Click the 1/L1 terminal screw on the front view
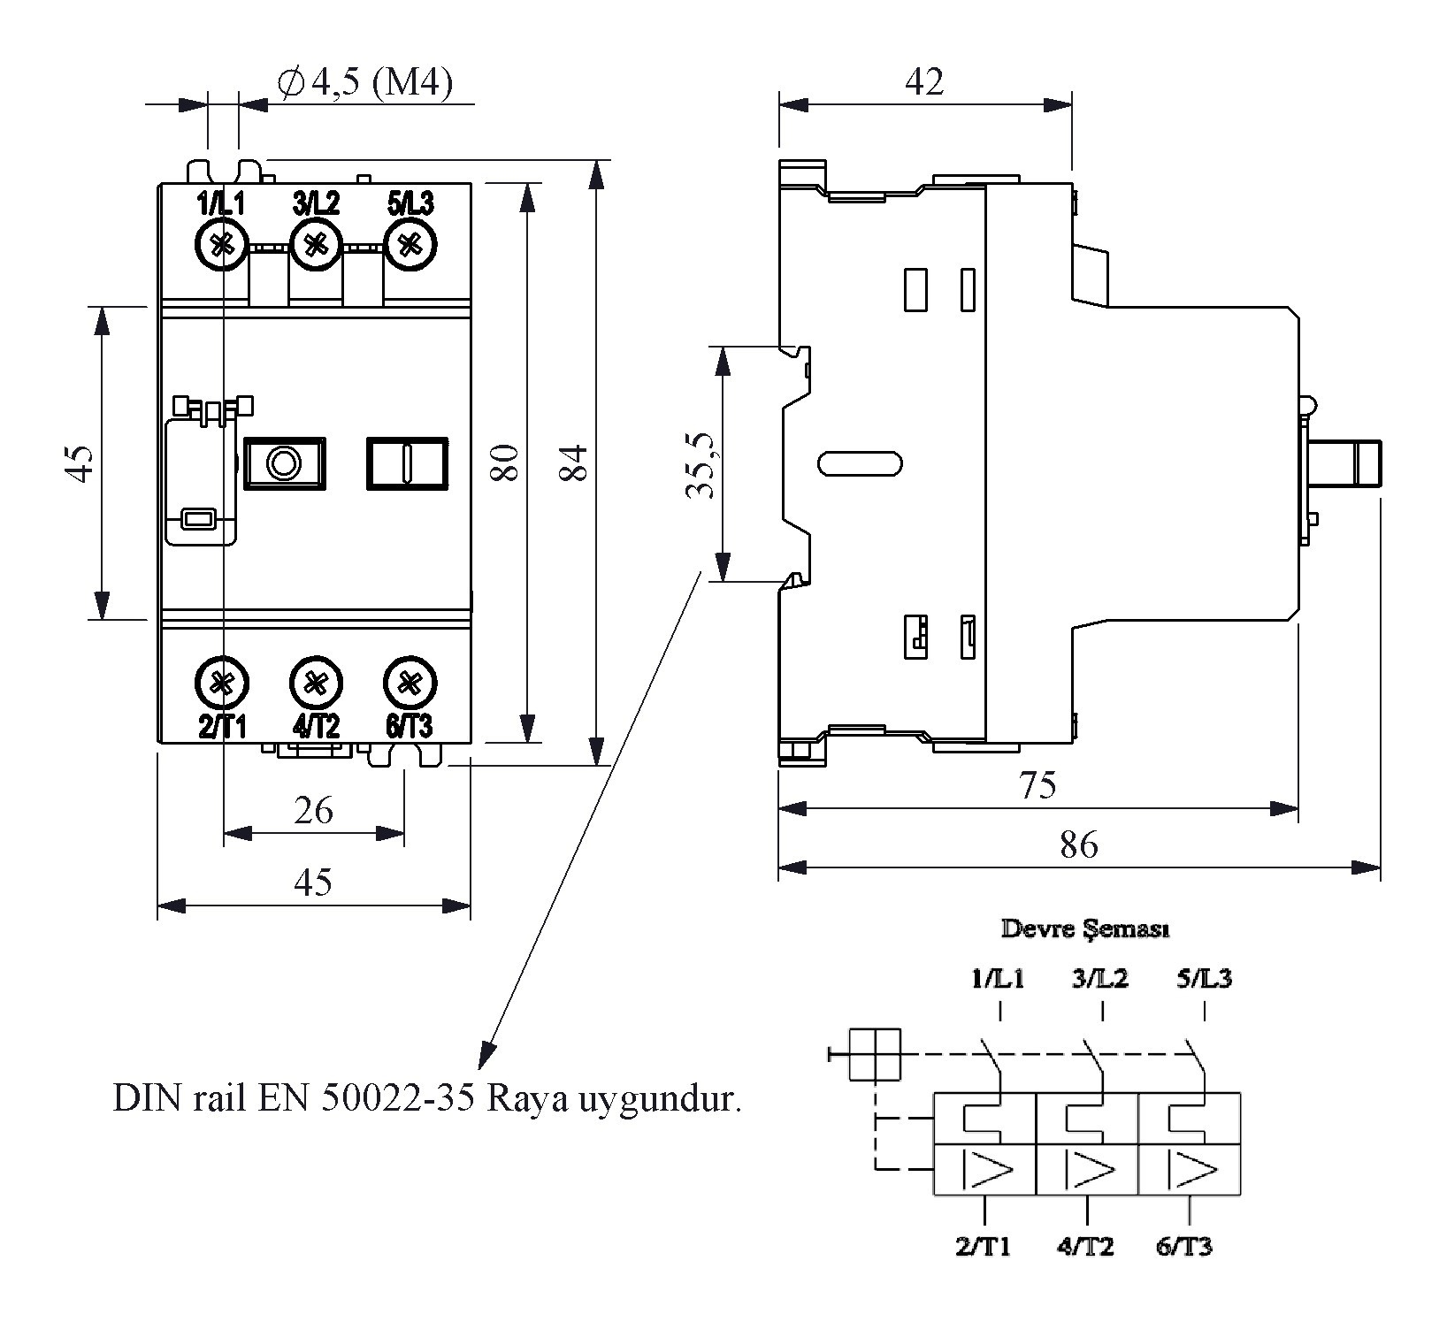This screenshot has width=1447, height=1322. pos(221,245)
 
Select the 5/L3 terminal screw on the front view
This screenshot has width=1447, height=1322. pos(410,245)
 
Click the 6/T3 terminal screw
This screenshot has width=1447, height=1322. pos(410,684)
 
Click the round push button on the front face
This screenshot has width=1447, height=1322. pos(284,462)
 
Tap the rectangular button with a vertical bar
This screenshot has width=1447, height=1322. pos(407,462)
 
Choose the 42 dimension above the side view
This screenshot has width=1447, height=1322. pos(924,82)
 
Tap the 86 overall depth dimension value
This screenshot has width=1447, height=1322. pos(1078,846)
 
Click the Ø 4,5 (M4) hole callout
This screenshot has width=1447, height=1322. pos(364,84)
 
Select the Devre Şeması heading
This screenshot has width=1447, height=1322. pos(1085,929)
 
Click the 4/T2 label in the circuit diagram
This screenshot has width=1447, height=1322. pos(1085,1247)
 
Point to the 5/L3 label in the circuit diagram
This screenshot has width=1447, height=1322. pos(1204,979)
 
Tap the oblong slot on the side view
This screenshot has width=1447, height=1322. pos(861,462)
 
